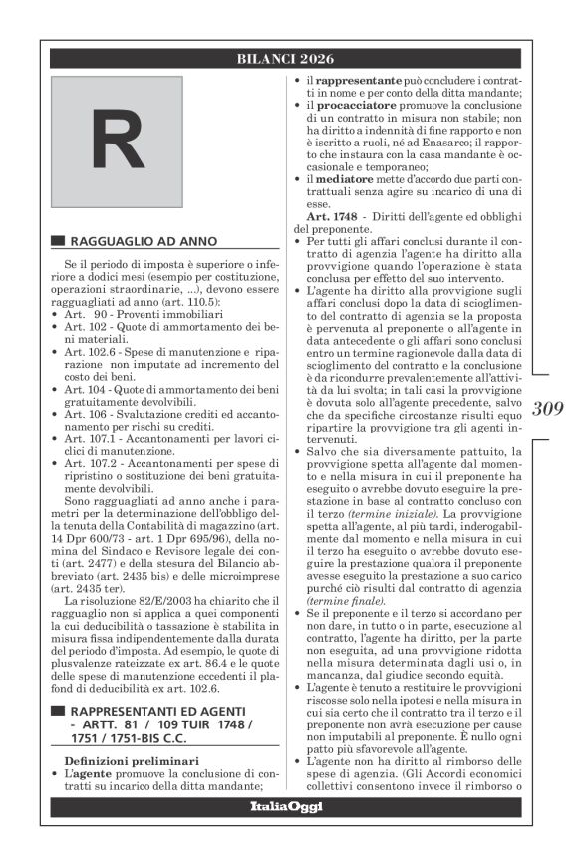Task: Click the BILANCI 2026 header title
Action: [285, 59]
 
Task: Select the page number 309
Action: [548, 407]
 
